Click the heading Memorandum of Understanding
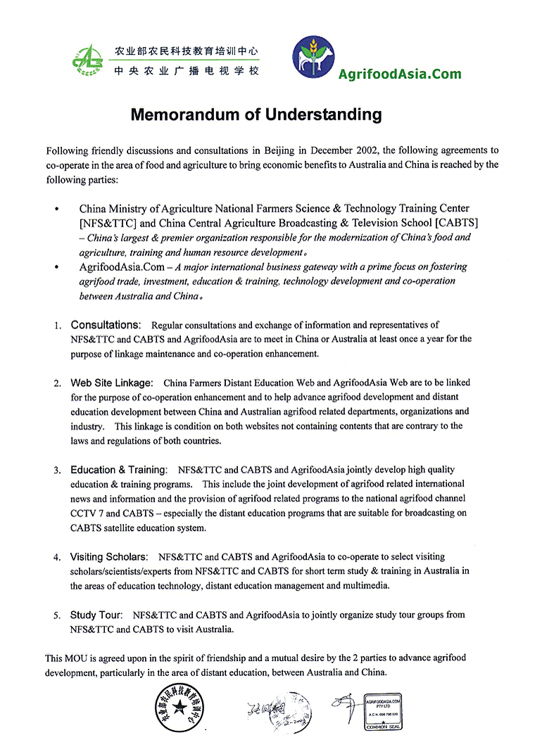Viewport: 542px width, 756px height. pos(256,115)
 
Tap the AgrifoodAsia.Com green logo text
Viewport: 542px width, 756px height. pos(400,74)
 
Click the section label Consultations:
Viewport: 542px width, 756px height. pos(106,325)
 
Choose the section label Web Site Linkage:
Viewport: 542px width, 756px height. pos(112,383)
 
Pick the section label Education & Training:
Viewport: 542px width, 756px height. pos(119,470)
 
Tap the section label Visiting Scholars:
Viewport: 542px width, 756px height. pos(108,557)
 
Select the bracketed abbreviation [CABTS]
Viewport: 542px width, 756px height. pos(458,223)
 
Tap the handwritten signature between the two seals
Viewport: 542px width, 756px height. pos(279,706)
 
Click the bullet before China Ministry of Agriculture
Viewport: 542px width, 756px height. pos(56,209)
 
